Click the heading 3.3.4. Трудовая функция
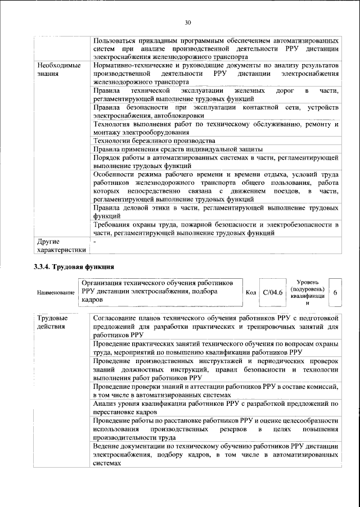[74, 266]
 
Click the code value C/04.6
[273, 292]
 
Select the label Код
[251, 293]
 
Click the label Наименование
[56, 293]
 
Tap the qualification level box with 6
[335, 293]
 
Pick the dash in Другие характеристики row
[95, 241]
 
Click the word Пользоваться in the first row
[118, 41]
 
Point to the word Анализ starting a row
[106, 404]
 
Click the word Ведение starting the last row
[108, 446]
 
